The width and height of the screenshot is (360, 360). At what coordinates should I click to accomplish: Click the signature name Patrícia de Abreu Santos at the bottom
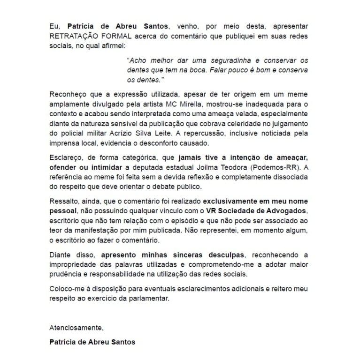92,342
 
